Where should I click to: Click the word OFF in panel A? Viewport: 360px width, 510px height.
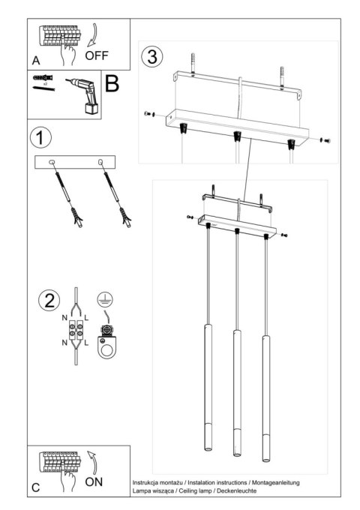point(97,55)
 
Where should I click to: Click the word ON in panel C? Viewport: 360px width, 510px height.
point(94,481)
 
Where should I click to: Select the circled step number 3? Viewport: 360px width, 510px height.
point(153,55)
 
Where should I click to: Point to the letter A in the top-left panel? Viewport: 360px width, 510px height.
point(36,59)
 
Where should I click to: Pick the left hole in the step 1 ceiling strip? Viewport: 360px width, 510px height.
point(52,162)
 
